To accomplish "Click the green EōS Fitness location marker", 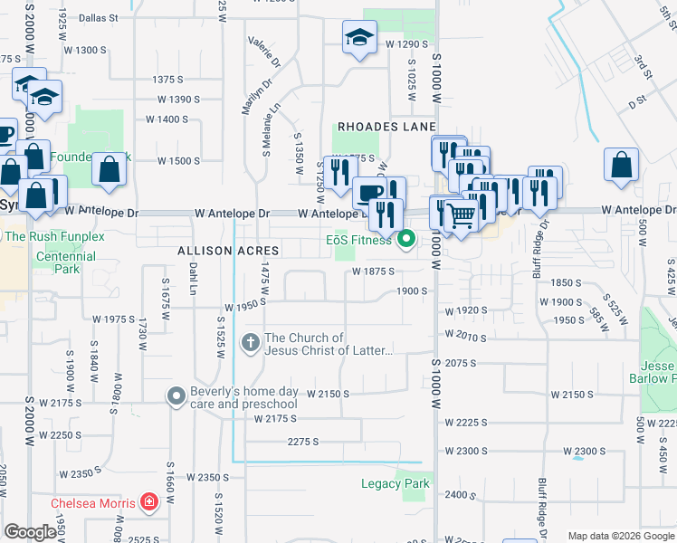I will click(x=406, y=240).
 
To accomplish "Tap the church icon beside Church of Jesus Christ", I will click(x=250, y=344).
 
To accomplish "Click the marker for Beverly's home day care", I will click(x=176, y=396).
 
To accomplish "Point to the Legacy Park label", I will click(x=395, y=484).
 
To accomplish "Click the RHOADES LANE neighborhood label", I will click(x=387, y=127).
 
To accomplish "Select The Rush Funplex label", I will click(x=55, y=237).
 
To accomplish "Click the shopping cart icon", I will click(x=462, y=214).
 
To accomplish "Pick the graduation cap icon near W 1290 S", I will click(x=359, y=38).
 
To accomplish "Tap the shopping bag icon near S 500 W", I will click(x=622, y=165).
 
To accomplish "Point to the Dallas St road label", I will click(x=99, y=17).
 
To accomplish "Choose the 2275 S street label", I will click(x=303, y=442).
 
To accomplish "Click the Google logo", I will click(x=31, y=532).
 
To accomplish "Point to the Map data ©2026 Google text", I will click(x=620, y=536).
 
